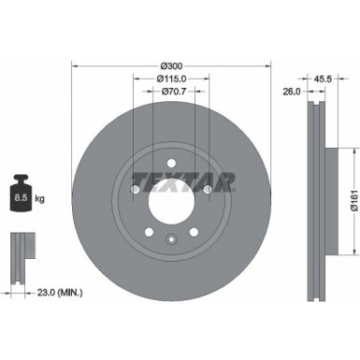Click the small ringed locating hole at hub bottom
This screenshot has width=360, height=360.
point(170,240)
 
